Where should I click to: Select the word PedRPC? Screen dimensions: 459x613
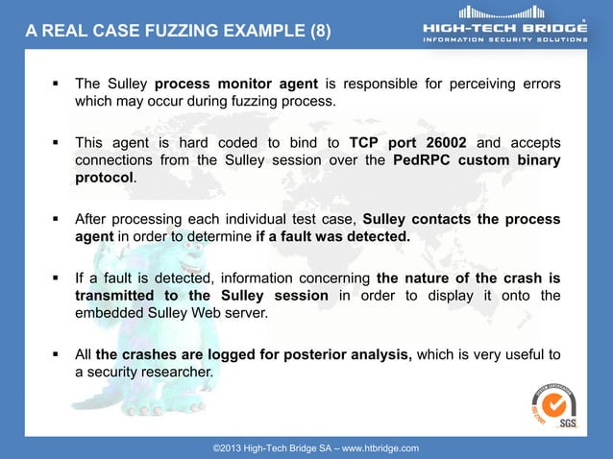tap(424, 160)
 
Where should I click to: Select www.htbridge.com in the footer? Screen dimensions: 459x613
tap(381, 448)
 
